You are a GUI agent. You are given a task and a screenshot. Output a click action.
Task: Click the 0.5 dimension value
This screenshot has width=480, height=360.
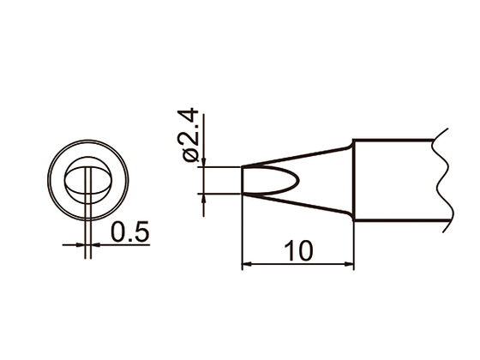click(130, 231)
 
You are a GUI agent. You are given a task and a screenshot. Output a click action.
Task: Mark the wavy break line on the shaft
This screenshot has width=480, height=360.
click(441, 180)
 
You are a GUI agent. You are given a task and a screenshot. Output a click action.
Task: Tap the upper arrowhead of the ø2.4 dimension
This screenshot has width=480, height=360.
click(203, 162)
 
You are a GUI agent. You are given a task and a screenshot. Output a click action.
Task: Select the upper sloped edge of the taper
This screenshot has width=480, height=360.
click(296, 155)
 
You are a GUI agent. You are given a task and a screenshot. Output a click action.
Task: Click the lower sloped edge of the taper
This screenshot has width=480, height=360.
click(296, 206)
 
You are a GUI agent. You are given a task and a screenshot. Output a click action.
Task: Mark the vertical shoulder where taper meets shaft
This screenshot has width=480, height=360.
click(352, 180)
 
